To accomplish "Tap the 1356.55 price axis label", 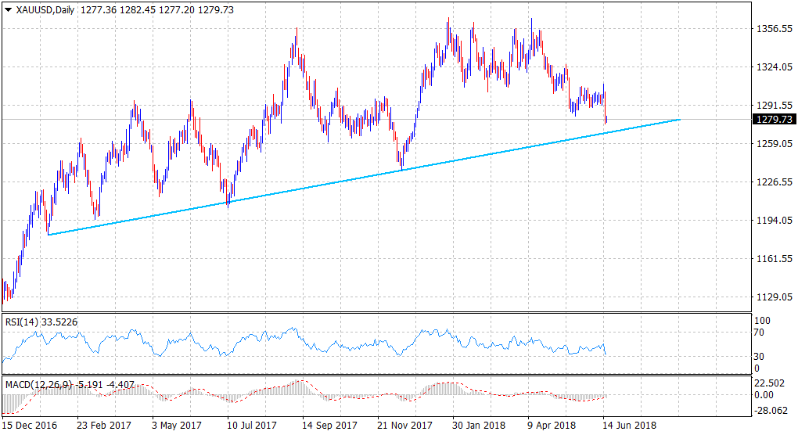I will (772, 29).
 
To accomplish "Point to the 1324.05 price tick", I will (772, 67).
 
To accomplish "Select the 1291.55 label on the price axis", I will (772, 106).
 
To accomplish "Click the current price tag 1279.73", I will (773, 120).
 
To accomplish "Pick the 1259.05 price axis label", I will (772, 144).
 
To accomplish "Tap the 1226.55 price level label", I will (772, 182).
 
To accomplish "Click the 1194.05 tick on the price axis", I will (772, 221).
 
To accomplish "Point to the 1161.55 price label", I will (772, 259).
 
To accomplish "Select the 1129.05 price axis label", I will (772, 297).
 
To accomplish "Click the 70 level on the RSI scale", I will (759, 333).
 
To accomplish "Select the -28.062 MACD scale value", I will (768, 408).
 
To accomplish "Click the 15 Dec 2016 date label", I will (30, 426).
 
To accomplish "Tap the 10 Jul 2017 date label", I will (251, 426).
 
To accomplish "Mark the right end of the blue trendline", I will (680, 120).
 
